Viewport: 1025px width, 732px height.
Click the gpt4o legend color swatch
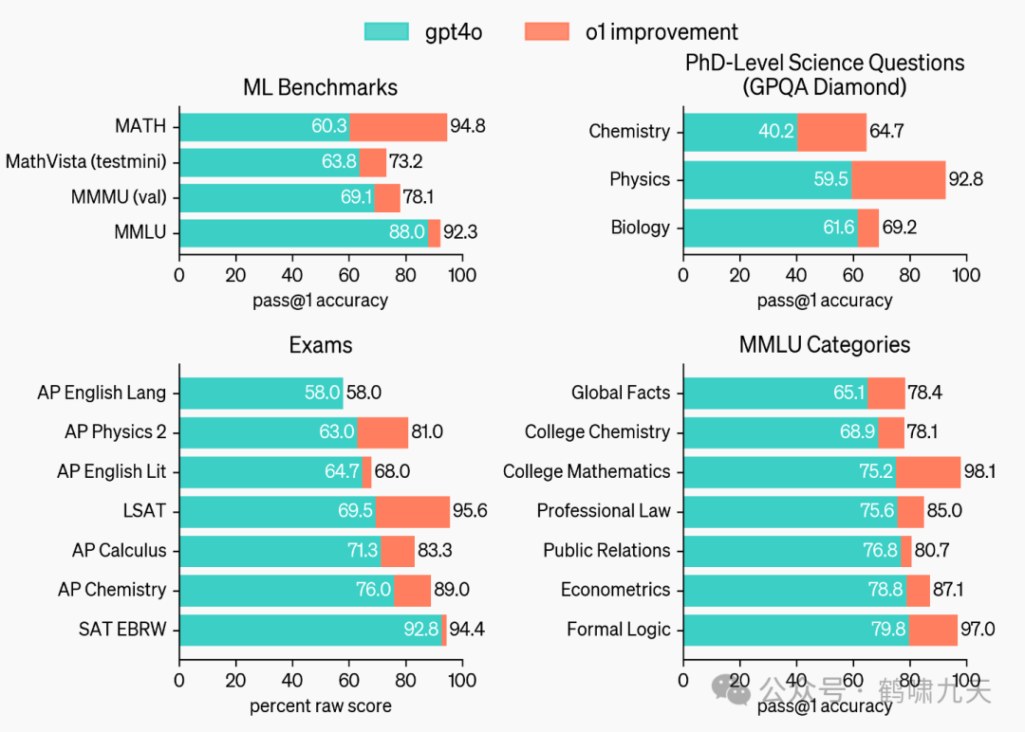[x=387, y=31]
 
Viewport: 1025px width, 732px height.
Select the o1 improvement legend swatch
[x=547, y=31]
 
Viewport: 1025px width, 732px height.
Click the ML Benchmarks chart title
[x=320, y=88]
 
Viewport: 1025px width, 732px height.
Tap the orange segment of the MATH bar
[x=398, y=126]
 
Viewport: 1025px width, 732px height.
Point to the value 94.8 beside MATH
[x=468, y=126]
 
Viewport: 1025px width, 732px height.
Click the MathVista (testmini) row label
[x=85, y=162]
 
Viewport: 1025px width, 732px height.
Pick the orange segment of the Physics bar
[x=898, y=179]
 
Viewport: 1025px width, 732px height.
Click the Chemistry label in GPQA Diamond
[x=629, y=132]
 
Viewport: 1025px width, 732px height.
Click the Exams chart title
[x=320, y=345]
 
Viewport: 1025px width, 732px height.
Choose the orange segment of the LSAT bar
[x=412, y=511]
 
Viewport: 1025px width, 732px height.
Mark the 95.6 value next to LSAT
[x=470, y=511]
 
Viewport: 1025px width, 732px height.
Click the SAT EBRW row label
[x=122, y=629]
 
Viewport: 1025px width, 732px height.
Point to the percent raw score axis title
[x=320, y=706]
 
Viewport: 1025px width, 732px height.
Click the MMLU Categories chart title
[x=824, y=345]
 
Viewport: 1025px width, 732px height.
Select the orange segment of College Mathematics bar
[x=927, y=471]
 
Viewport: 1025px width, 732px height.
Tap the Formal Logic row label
[x=618, y=629]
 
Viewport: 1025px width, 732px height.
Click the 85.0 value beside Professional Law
[x=944, y=511]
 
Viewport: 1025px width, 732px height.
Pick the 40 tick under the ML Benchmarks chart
[x=291, y=275]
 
